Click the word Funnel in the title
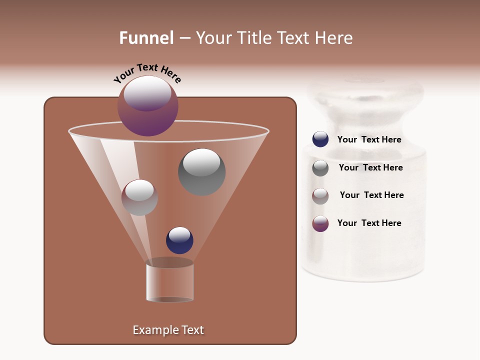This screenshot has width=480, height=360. coord(146,38)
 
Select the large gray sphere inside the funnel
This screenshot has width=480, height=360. coord(201,172)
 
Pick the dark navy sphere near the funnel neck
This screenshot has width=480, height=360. coord(179,240)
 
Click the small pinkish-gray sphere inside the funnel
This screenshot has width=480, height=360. coord(139,197)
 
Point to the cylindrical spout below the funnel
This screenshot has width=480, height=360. coord(169,282)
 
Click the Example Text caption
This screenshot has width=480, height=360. coord(168,330)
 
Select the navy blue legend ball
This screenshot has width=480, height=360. coord(320,139)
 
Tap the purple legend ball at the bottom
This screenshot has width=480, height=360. coord(320,223)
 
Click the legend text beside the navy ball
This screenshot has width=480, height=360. coord(369,140)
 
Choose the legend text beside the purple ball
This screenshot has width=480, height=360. coord(369,223)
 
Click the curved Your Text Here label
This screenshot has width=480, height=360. coord(147,73)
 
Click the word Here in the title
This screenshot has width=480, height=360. coord(334,38)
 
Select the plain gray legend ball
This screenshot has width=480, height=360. coord(320,168)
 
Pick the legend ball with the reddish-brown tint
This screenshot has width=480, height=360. coord(320,196)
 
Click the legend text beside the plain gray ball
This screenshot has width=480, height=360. coord(370,168)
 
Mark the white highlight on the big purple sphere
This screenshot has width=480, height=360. coord(147,93)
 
